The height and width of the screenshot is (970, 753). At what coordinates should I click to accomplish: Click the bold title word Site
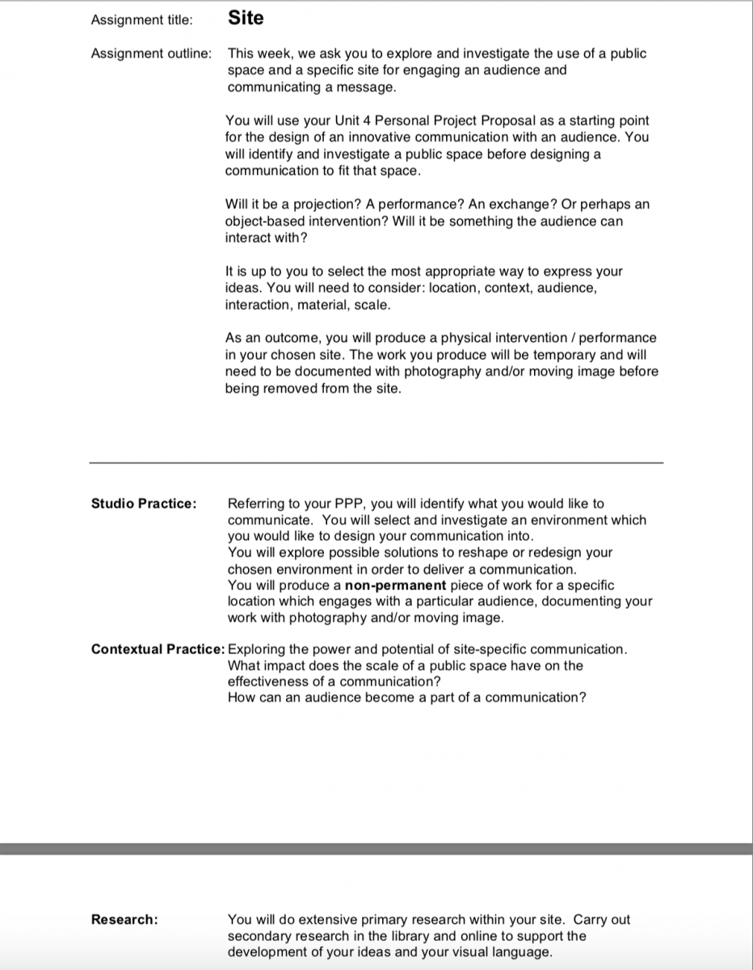pyautogui.click(x=246, y=18)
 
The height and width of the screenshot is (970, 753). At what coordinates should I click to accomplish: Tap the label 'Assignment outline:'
pyautogui.click(x=152, y=53)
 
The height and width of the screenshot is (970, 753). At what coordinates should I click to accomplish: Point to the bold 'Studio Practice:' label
pyautogui.click(x=144, y=504)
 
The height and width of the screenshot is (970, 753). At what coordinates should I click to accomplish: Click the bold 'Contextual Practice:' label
pyautogui.click(x=158, y=649)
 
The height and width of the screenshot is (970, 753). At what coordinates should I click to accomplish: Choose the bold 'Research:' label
pyautogui.click(x=124, y=919)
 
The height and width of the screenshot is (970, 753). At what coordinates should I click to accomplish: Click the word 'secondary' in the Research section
pyautogui.click(x=258, y=935)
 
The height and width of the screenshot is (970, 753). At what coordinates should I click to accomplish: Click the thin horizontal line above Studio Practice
pyautogui.click(x=376, y=462)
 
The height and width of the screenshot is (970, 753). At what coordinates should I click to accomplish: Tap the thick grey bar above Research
pyautogui.click(x=376, y=849)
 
